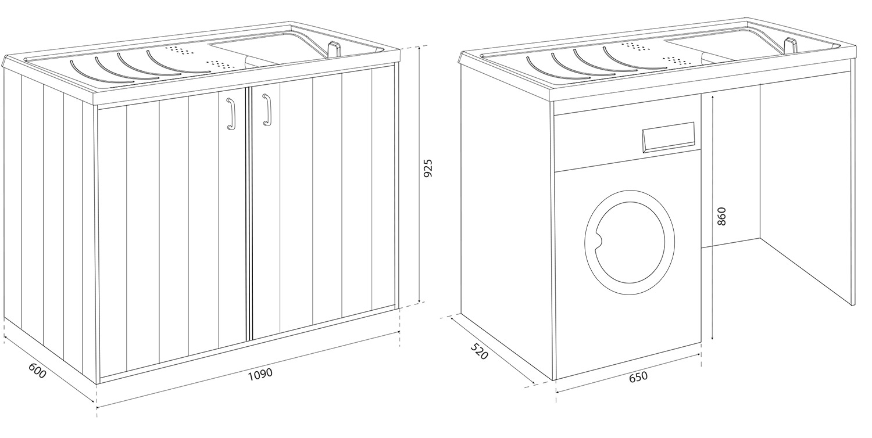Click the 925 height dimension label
428,168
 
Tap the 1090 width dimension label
260,374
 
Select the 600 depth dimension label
37,372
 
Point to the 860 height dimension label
721,216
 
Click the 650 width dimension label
638,377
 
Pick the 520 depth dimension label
479,352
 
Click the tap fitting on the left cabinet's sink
335,49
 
